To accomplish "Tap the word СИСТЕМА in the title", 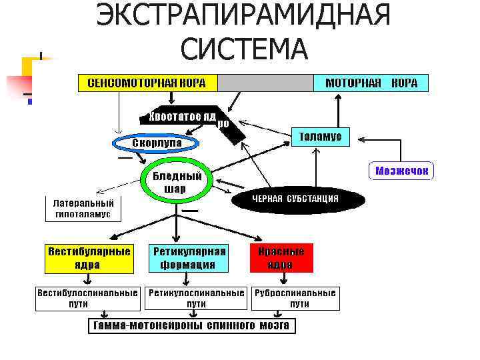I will pyautogui.click(x=243, y=48).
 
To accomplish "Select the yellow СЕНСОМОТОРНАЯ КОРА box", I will pyautogui.click(x=147, y=83).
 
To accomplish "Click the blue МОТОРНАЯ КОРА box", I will pyautogui.click(x=371, y=83).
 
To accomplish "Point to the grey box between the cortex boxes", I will pyautogui.click(x=265, y=83).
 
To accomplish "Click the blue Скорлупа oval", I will pyautogui.click(x=156, y=143).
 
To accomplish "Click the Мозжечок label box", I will pyautogui.click(x=400, y=171).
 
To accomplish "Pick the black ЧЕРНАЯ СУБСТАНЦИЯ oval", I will pyautogui.click(x=295, y=199).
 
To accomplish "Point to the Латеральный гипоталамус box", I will pyautogui.click(x=83, y=209).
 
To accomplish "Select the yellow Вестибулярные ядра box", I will pyautogui.click(x=88, y=258).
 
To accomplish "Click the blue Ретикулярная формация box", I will pyautogui.click(x=189, y=258).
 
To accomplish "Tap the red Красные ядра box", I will pyautogui.click(x=281, y=258).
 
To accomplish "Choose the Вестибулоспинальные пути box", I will pyautogui.click(x=87, y=298).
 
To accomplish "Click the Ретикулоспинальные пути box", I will pyautogui.click(x=196, y=298).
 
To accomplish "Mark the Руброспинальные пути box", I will pyautogui.click(x=295, y=298).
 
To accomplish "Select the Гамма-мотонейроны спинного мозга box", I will pyautogui.click(x=192, y=326).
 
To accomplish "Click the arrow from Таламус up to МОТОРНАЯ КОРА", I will pyautogui.click(x=339, y=110).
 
